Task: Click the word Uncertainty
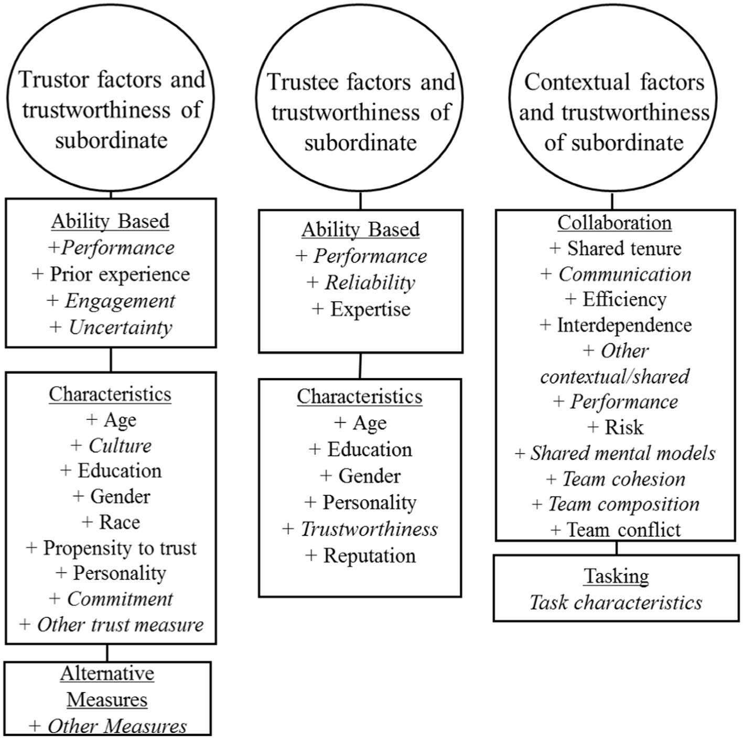(120, 328)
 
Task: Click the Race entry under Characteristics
(111, 522)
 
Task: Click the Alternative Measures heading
(107, 686)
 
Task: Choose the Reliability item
(370, 282)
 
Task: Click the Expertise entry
(370, 309)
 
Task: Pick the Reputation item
(369, 556)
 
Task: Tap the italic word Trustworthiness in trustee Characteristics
(369, 529)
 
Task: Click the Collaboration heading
(615, 223)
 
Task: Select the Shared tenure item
(624, 248)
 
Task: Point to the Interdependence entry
(624, 325)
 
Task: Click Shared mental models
(622, 453)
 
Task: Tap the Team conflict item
(623, 530)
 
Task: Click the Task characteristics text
(616, 603)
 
